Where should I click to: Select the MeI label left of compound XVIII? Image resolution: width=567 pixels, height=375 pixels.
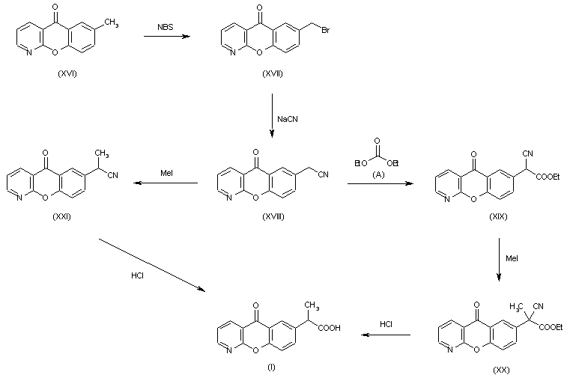167,174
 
